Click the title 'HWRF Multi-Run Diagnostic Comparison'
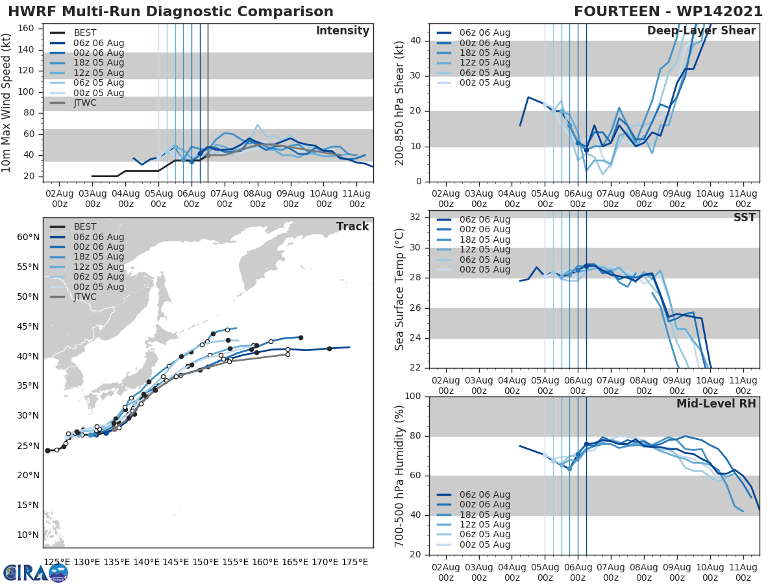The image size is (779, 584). pos(171,12)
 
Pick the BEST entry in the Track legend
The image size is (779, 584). pos(85,226)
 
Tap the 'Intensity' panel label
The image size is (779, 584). pos(342,31)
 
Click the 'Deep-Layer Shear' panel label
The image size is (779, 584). pos(701,31)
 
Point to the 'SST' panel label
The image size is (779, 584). pos(745,217)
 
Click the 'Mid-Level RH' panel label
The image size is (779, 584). pos(716,404)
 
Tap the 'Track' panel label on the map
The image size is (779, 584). pos(352,226)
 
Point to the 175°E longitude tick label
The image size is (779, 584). pos(355,561)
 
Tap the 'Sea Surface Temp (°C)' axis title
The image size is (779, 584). pos(400,289)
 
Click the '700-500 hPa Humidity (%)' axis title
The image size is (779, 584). pos(400,476)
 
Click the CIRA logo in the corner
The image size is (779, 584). pos(36,572)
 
